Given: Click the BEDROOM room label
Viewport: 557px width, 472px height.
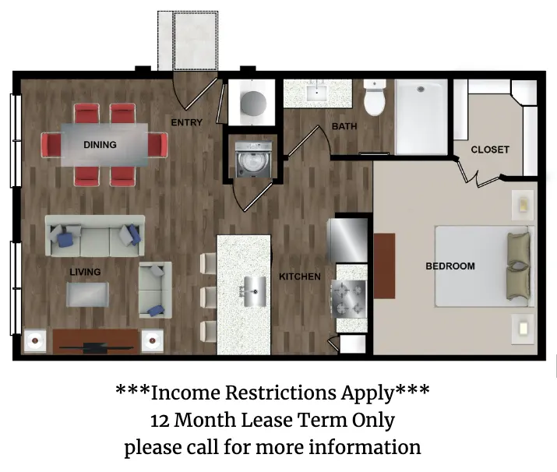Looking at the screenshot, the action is click(x=450, y=266).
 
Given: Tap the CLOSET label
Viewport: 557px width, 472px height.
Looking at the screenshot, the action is click(x=490, y=150).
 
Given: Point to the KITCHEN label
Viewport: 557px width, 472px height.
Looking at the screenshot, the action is click(x=299, y=277).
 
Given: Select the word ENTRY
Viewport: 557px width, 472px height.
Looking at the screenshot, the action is click(x=186, y=122).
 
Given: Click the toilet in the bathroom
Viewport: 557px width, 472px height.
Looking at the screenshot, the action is click(x=375, y=97).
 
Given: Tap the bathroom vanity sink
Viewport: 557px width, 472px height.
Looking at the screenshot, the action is click(x=316, y=92).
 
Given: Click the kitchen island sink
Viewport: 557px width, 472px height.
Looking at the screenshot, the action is click(x=254, y=291).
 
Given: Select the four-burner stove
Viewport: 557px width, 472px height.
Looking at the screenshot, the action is click(x=348, y=298).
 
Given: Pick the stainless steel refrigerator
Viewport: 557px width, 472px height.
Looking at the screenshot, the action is click(x=347, y=240).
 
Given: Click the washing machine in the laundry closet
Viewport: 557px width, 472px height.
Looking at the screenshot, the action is click(x=254, y=160).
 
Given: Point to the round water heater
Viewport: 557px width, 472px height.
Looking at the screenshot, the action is click(x=253, y=104).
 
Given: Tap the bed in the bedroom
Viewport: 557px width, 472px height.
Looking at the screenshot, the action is click(x=485, y=266).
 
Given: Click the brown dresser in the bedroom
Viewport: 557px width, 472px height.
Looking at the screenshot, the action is click(x=384, y=266).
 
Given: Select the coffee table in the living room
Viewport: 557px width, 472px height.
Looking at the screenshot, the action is click(x=87, y=294).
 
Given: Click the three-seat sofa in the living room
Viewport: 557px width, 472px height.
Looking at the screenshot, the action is click(x=95, y=236).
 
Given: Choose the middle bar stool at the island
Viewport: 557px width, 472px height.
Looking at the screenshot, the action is click(x=208, y=298).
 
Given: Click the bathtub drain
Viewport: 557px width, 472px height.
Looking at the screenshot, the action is click(x=421, y=89).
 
